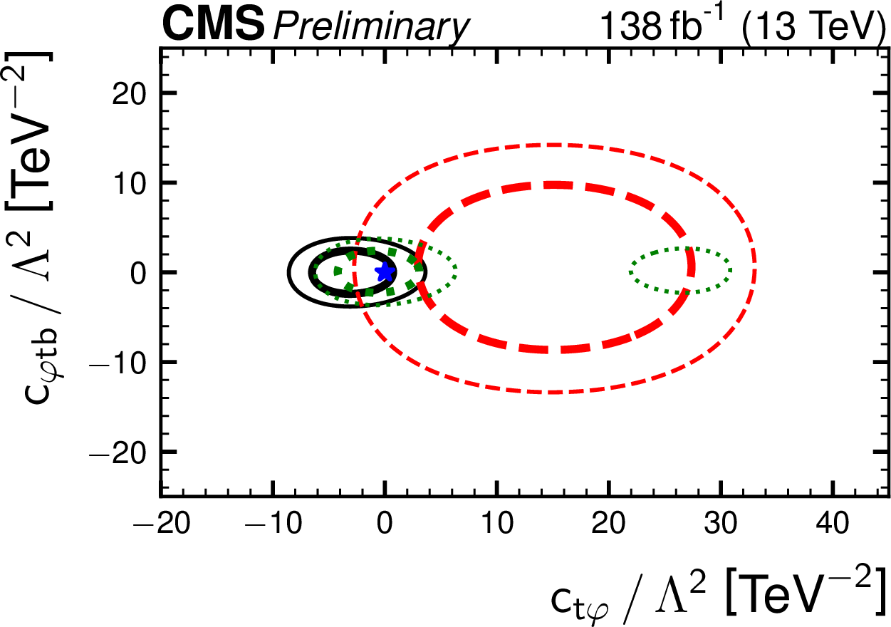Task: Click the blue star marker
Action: click(x=385, y=271)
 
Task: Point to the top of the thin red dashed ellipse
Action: click(x=554, y=145)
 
